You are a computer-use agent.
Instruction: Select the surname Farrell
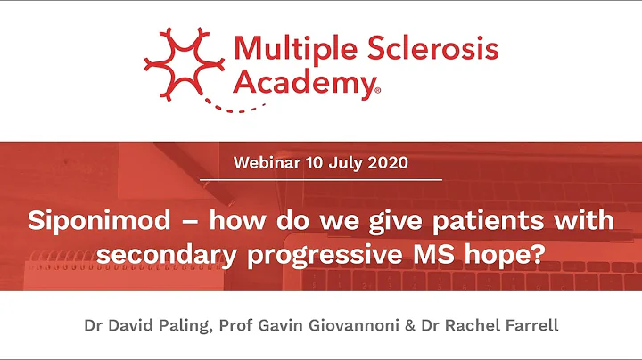(x=529, y=325)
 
